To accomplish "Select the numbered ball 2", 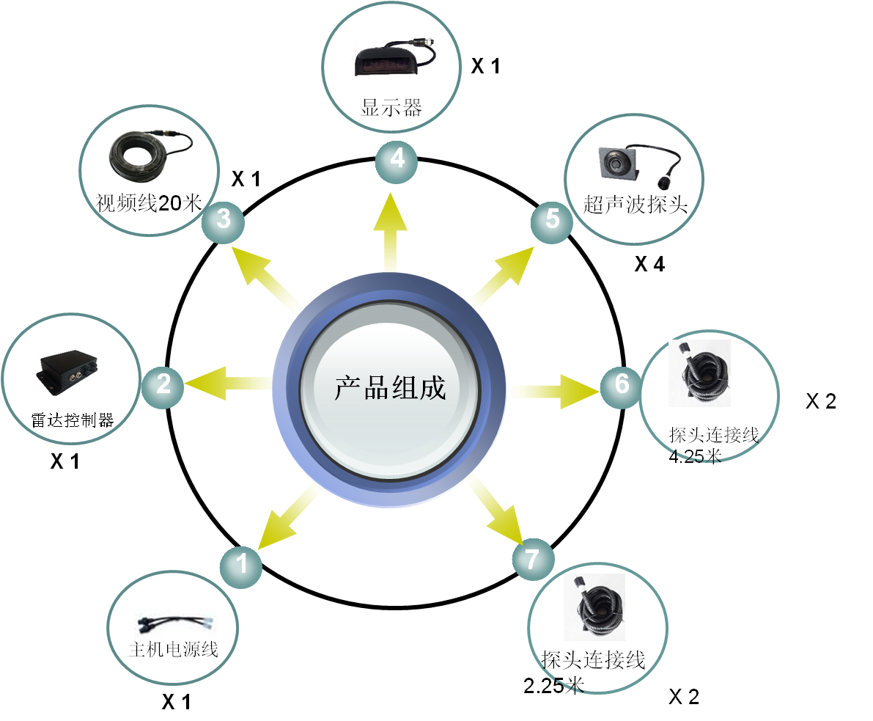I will coord(163,384).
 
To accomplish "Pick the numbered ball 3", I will coord(224,219).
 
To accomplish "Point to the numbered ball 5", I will coord(553,219).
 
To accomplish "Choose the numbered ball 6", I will coord(622,384).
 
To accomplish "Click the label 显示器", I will coord(391,109).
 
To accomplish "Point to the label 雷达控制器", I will coord(73,420).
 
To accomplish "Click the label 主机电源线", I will coord(174,649).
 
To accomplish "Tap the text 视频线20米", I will coord(149,203).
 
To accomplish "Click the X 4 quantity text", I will coord(649,264).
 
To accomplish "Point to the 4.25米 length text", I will coord(695,457).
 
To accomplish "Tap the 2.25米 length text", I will coord(553,686).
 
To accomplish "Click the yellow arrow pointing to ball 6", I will coord(553,388).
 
